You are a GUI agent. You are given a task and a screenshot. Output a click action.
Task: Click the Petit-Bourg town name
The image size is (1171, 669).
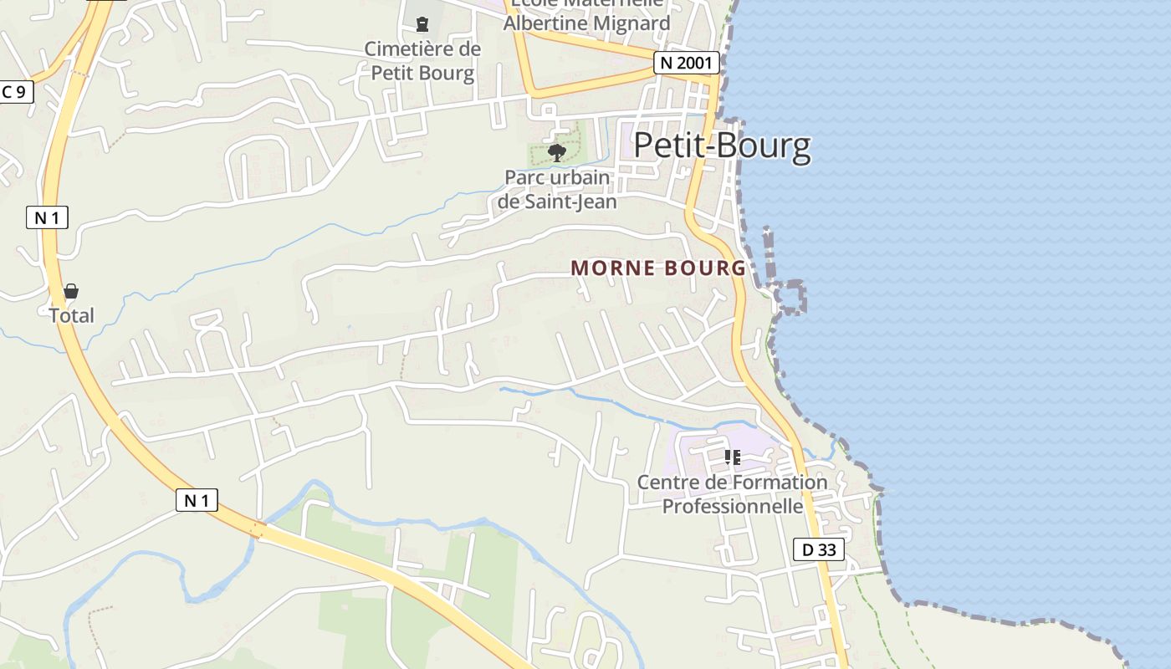click(x=722, y=146)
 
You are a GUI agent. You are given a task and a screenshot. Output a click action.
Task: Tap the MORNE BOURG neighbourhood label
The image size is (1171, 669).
click(x=658, y=268)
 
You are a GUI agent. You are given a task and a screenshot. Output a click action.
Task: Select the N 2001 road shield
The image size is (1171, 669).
click(x=686, y=63)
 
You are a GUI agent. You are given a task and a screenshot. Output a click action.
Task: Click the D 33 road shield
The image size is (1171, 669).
click(x=818, y=549)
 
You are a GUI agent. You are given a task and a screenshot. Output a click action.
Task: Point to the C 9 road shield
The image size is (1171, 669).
click(x=14, y=92)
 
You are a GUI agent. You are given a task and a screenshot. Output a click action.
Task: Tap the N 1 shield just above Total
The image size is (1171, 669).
click(x=46, y=218)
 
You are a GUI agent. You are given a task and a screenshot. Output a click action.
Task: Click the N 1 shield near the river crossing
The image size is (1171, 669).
click(x=197, y=501)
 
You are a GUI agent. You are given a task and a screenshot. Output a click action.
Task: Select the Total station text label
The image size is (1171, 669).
click(x=71, y=316)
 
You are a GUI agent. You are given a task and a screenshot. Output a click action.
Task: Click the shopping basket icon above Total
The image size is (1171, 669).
click(x=71, y=291)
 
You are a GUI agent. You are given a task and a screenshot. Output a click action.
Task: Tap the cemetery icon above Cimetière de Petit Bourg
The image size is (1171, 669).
click(x=422, y=24)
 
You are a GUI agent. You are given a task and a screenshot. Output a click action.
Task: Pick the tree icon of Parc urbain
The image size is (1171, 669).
click(x=557, y=152)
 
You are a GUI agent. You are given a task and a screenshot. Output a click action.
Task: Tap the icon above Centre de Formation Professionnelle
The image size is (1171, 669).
click(x=733, y=457)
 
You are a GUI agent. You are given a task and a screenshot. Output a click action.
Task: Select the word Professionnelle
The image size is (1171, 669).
click(x=733, y=507)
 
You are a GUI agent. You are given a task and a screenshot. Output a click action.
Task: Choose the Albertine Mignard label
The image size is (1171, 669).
click(x=586, y=23)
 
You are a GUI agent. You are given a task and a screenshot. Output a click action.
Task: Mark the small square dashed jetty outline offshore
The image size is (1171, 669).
click(x=789, y=298)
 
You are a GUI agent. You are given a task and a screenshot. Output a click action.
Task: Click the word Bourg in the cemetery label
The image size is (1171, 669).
click(x=447, y=74)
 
